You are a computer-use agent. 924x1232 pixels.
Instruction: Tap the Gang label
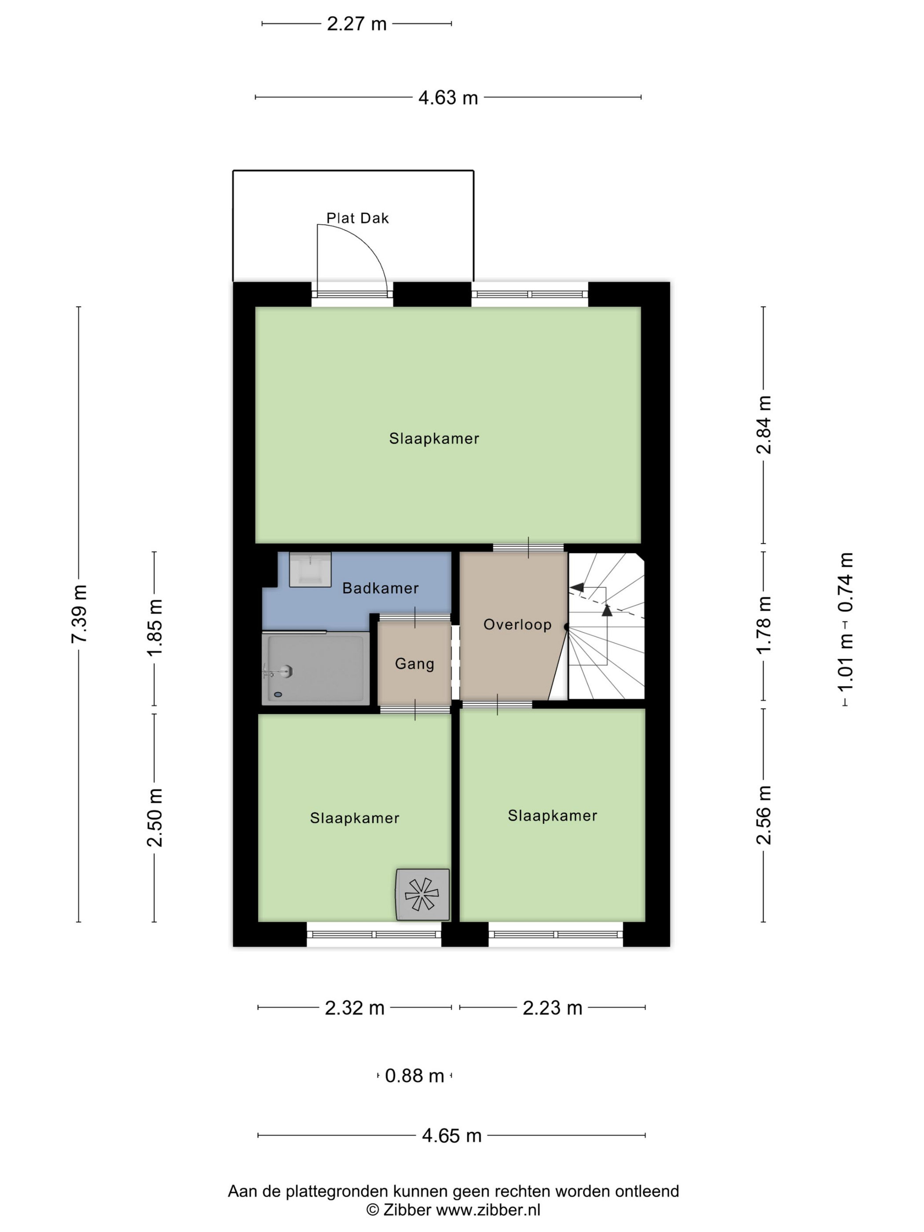point(414,664)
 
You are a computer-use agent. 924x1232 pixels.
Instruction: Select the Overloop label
point(517,624)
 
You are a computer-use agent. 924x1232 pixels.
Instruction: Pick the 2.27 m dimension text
point(356,24)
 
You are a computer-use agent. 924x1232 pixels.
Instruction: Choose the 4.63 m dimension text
point(448,98)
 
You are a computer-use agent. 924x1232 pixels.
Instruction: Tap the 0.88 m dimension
point(414,1075)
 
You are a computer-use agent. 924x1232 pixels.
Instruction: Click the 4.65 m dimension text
point(452,1136)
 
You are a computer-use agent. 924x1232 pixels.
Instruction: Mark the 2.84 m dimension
point(763,425)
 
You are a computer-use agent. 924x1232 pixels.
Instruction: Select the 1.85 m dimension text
point(154,628)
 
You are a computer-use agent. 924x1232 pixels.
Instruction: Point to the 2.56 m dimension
point(763,815)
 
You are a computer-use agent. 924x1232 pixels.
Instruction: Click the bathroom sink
point(310,569)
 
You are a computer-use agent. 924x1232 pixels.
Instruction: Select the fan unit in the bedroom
point(422,895)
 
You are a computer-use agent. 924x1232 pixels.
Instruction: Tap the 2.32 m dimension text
point(355,1008)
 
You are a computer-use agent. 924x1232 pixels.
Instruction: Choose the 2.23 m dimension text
point(553,1008)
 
